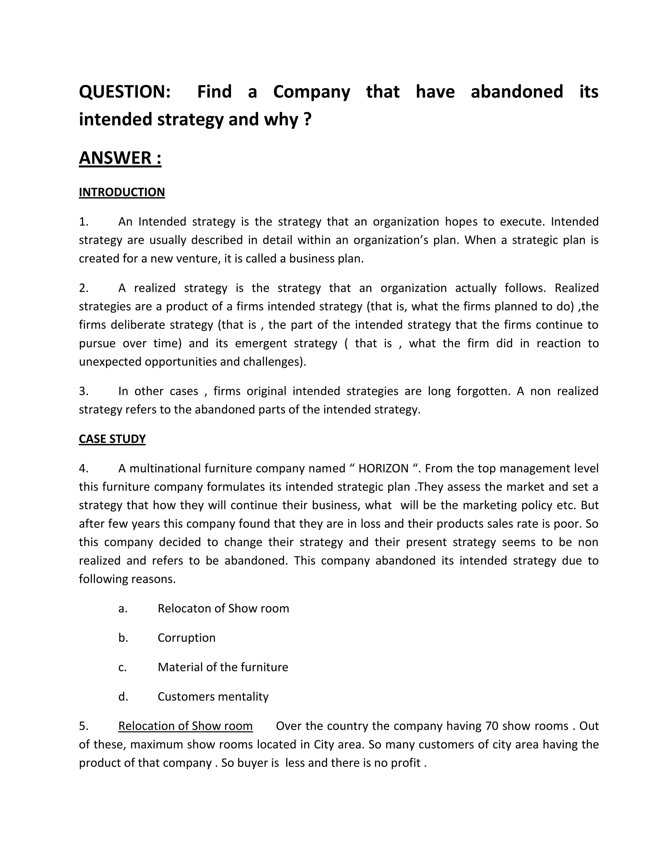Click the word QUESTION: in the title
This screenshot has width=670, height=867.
125,92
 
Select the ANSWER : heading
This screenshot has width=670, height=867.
120,158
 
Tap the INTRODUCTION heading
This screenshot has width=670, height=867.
121,192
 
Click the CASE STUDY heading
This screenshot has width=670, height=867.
112,439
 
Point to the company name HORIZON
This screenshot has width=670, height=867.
383,469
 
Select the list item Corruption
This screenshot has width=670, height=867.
186,638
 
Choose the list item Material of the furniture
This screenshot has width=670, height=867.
223,667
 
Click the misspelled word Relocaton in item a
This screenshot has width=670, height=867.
184,608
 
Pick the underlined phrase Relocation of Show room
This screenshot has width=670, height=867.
185,726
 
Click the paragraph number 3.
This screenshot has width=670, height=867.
83,391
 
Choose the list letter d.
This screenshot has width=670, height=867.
123,696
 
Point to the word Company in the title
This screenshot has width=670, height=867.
311,92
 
